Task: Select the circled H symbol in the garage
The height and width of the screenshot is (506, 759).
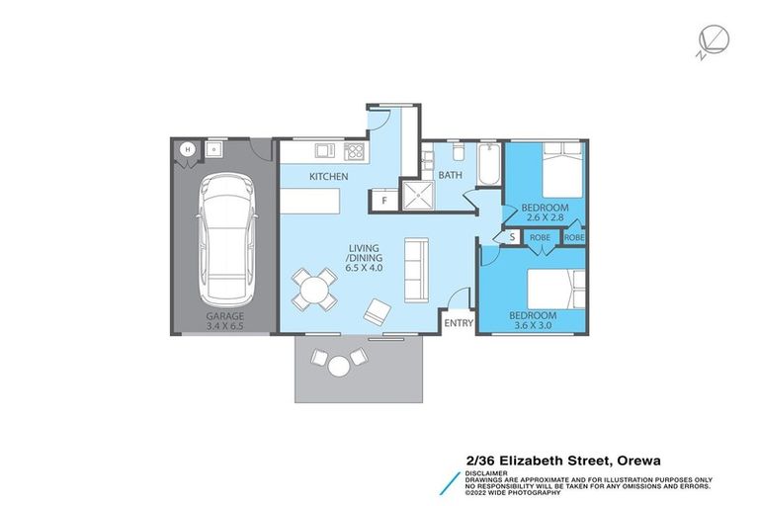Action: coord(187,150)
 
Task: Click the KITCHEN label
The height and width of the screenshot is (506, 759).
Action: coord(328,177)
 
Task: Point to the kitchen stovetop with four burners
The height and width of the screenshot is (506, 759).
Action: coord(354,151)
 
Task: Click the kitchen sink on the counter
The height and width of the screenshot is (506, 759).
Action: coord(323,151)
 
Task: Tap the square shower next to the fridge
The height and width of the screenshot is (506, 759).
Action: coord(417,196)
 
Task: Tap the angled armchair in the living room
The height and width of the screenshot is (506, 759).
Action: coord(377,312)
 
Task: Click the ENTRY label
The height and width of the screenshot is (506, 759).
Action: coord(459,323)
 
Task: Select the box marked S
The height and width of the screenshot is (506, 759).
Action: coord(511,237)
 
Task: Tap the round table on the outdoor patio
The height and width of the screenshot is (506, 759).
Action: coord(338,367)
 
